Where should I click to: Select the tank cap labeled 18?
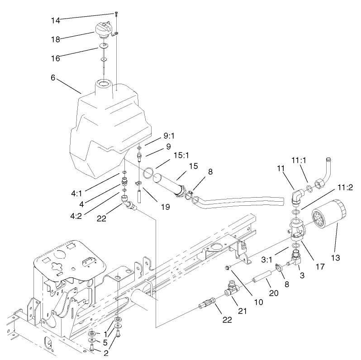[104, 31]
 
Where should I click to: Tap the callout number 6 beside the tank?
[53, 78]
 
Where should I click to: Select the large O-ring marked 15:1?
[147, 172]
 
